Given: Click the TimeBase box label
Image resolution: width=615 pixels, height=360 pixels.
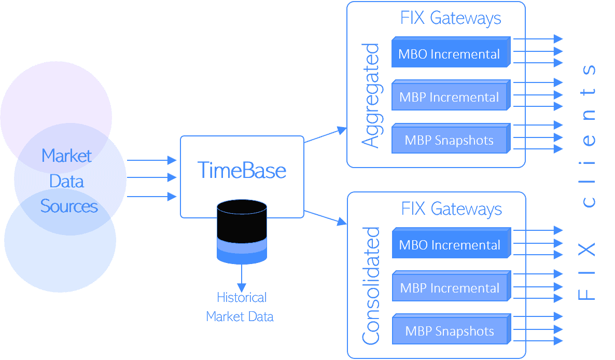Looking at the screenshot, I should pyautogui.click(x=242, y=171).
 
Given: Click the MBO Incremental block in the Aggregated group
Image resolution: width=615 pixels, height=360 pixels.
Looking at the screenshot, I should pyautogui.click(x=449, y=54).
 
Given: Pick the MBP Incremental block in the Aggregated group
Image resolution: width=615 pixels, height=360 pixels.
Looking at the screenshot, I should pyautogui.click(x=449, y=97).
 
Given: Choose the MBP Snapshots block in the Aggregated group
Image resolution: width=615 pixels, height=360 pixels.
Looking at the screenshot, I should pyautogui.click(x=449, y=140).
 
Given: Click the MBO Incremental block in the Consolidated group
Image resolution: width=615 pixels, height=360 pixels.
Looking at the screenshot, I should pyautogui.click(x=450, y=245).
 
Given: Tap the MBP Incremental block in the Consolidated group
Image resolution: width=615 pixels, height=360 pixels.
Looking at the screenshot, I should pyautogui.click(x=450, y=288).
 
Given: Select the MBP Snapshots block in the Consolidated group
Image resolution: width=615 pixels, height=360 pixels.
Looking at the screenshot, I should pyautogui.click(x=450, y=331).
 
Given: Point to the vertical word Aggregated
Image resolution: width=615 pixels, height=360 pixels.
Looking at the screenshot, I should pyautogui.click(x=370, y=96).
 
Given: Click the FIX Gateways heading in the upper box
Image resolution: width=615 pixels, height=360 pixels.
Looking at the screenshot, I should pyautogui.click(x=451, y=18).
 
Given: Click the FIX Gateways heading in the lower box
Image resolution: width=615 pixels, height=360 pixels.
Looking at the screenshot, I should pyautogui.click(x=452, y=209).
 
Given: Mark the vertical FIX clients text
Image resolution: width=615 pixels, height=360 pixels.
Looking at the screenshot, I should pyautogui.click(x=587, y=182).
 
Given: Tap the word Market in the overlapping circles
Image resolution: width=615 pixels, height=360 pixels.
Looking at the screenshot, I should pyautogui.click(x=66, y=156).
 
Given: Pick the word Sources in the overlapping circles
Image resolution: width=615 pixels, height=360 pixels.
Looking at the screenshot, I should pyautogui.click(x=69, y=206).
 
